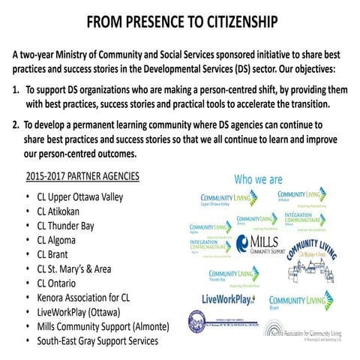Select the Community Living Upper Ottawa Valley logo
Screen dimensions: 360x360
click(225, 199)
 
